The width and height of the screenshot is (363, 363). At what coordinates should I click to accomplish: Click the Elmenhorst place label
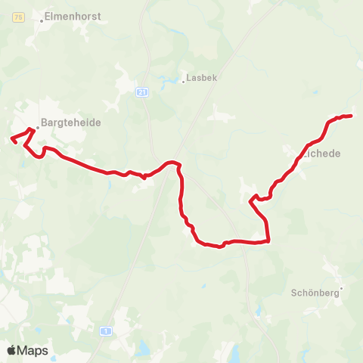coord(73,15)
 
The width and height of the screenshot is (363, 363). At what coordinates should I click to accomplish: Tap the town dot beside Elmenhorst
coord(42,21)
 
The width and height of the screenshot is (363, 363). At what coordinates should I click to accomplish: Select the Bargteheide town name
coord(70,122)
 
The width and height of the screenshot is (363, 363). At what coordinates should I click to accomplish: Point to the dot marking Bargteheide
coord(36,127)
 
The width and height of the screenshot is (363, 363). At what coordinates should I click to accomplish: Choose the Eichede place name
coord(322,153)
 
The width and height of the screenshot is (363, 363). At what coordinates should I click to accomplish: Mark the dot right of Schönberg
coord(341,287)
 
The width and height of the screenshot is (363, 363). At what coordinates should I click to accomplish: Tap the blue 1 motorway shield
coord(107,331)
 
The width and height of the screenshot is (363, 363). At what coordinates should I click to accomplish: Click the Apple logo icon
coord(11,350)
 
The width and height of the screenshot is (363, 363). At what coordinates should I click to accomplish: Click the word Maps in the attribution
coord(33,350)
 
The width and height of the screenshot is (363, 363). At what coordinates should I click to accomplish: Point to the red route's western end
coord(11,138)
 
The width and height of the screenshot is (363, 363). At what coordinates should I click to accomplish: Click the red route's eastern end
coord(352,116)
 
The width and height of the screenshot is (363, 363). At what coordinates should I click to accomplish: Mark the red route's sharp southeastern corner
coord(268,241)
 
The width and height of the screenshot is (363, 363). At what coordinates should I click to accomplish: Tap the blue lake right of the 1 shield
coord(142,349)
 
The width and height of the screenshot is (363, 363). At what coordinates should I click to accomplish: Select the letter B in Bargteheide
coord(44,122)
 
